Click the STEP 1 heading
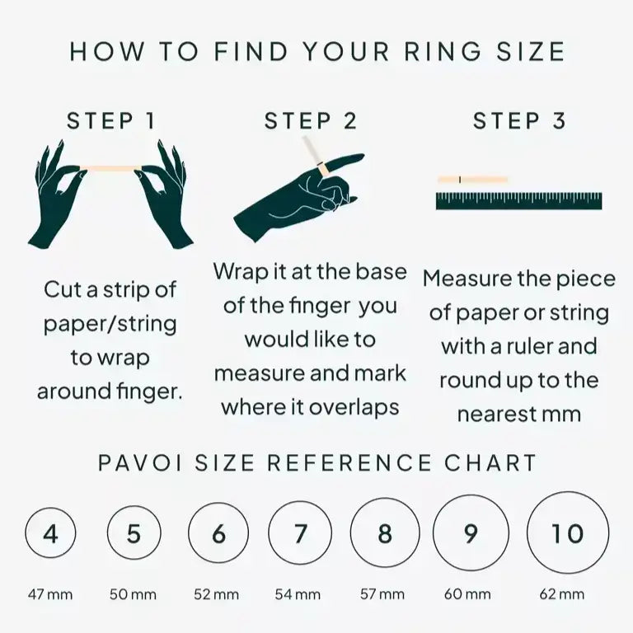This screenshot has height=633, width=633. [x=110, y=121]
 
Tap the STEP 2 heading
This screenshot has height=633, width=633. [x=311, y=121]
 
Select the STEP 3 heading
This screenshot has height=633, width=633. [x=519, y=121]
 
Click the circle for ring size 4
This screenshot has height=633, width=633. [x=50, y=534]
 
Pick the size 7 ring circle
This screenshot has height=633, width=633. [x=300, y=534]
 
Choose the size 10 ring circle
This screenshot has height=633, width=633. [x=567, y=534]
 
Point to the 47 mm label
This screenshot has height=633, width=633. [x=50, y=593]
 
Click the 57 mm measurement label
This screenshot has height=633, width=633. [x=384, y=593]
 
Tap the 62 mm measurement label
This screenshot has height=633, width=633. [x=567, y=593]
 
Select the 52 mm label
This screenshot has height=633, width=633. [x=217, y=593]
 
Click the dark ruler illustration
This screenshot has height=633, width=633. [x=518, y=201]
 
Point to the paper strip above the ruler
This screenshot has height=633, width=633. [x=472, y=179]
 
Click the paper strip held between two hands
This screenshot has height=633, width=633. [x=110, y=168]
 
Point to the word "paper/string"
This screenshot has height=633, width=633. [x=110, y=323]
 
